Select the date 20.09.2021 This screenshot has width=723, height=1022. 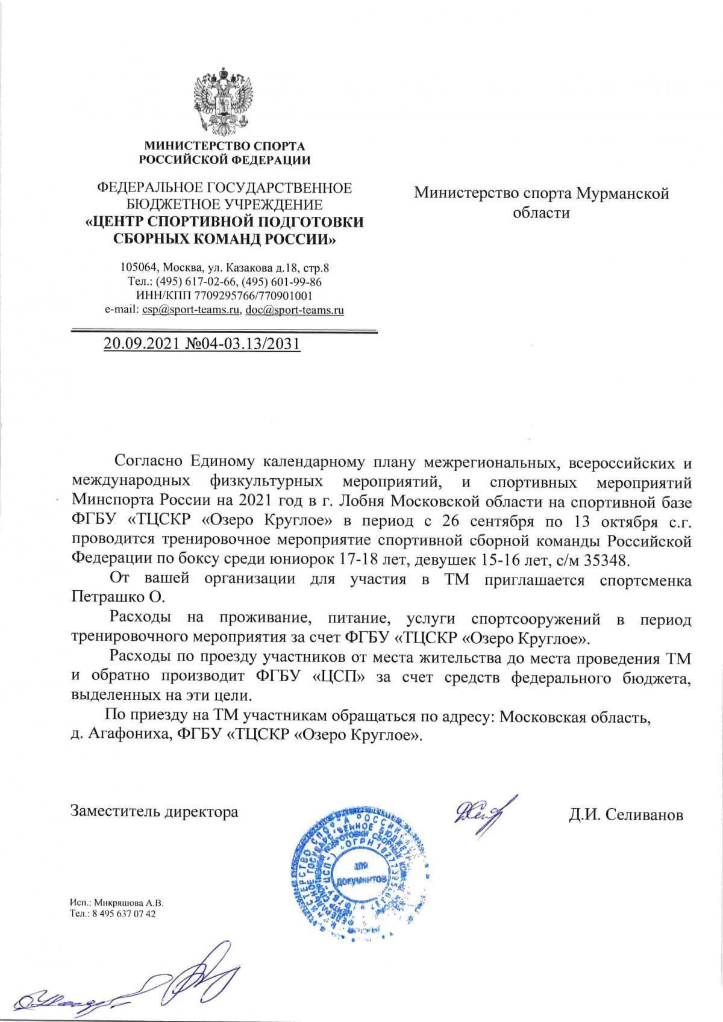(x=136, y=344)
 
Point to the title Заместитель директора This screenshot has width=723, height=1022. (x=154, y=811)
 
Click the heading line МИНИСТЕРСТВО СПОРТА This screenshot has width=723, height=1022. (x=224, y=146)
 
